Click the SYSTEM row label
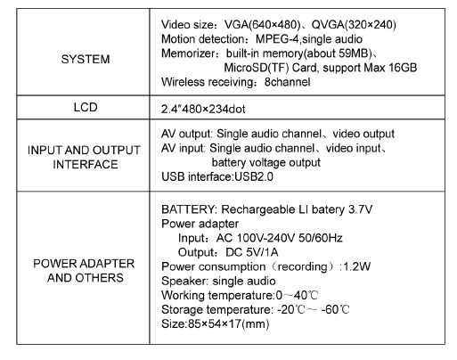click(x=86, y=59)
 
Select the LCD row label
click(x=86, y=107)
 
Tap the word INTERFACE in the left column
click(x=86, y=164)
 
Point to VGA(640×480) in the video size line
click(x=263, y=25)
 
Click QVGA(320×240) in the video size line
click(x=354, y=25)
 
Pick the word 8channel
click(x=288, y=82)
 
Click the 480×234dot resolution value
click(x=214, y=110)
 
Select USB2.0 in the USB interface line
click(x=254, y=176)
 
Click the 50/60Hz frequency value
click(x=321, y=238)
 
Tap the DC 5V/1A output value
click(x=252, y=252)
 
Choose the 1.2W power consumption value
click(x=357, y=266)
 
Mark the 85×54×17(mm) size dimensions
click(x=229, y=323)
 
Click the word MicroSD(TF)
click(x=257, y=68)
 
